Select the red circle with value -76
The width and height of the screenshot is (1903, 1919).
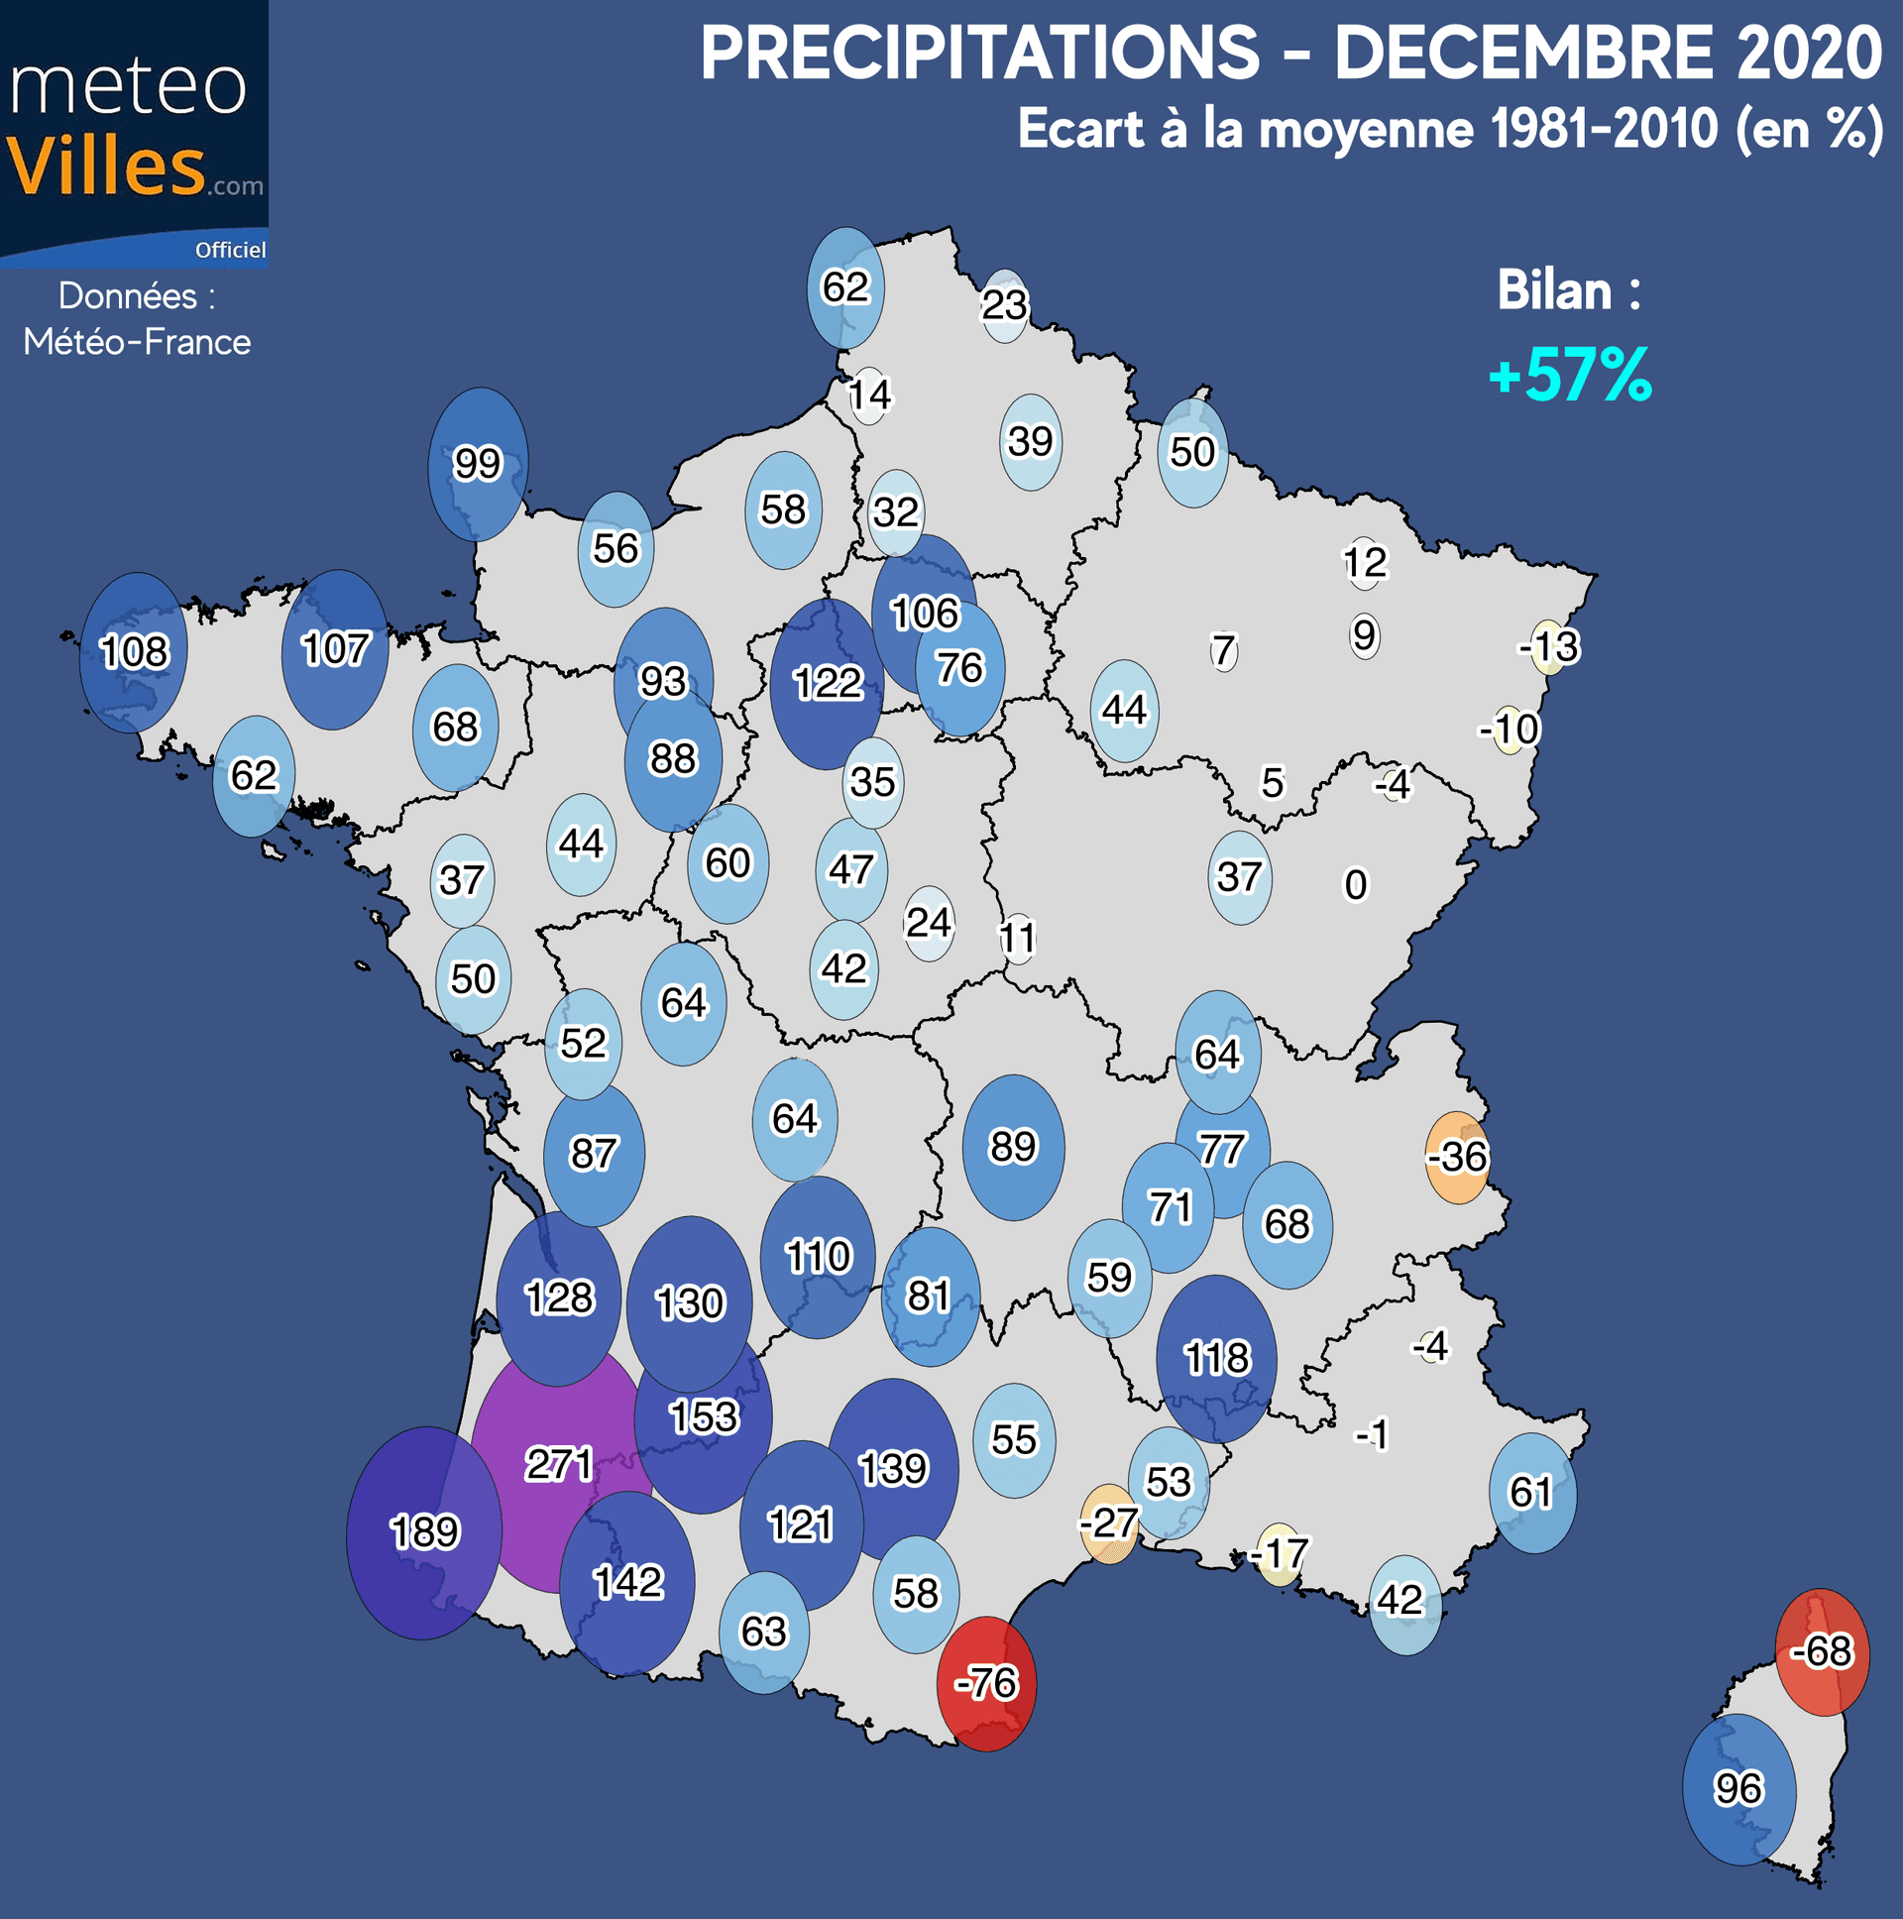986,1684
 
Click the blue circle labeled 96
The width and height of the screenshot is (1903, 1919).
1738,1789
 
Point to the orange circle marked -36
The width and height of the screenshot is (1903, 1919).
1457,1157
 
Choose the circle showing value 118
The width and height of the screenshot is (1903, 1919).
1216,1359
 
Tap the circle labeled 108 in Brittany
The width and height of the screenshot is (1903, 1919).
134,652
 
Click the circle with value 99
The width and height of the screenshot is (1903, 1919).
478,464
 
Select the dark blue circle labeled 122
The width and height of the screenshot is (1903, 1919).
827,683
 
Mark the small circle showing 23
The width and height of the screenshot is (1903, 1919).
1004,305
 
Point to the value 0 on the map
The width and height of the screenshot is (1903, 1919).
1355,885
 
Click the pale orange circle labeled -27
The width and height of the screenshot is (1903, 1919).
1108,1524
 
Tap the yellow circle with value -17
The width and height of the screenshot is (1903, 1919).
1280,1553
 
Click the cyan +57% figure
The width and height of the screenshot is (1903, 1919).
1570,376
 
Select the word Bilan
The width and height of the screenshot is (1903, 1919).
1554,291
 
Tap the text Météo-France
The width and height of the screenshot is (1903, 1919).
137,342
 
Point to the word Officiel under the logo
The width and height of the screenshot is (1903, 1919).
229,251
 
